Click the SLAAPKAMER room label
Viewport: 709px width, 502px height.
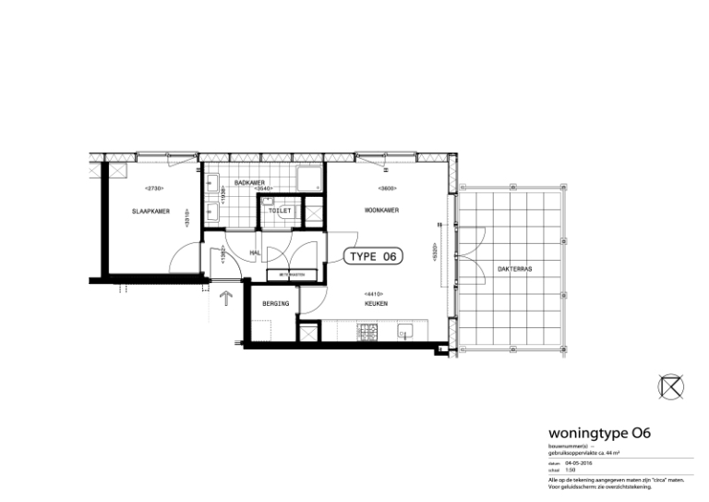[150, 211]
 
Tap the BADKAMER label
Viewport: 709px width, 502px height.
[250, 182]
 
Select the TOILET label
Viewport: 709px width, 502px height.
[280, 211]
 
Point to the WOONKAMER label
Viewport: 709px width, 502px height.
[381, 211]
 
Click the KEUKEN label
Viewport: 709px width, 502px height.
[375, 303]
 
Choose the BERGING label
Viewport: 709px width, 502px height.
[275, 303]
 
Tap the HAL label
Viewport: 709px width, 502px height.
[255, 251]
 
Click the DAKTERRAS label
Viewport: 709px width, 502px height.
[514, 268]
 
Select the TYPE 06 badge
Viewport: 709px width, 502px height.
[374, 257]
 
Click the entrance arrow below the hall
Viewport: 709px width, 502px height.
[224, 299]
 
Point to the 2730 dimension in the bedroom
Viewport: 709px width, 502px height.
[154, 189]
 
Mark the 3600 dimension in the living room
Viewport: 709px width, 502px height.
[388, 189]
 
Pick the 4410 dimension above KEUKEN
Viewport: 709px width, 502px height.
[375, 293]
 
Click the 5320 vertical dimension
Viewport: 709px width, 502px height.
[435, 251]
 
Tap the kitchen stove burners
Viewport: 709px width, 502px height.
[367, 330]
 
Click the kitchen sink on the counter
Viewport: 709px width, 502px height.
[404, 330]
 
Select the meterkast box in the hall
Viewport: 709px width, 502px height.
[292, 275]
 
